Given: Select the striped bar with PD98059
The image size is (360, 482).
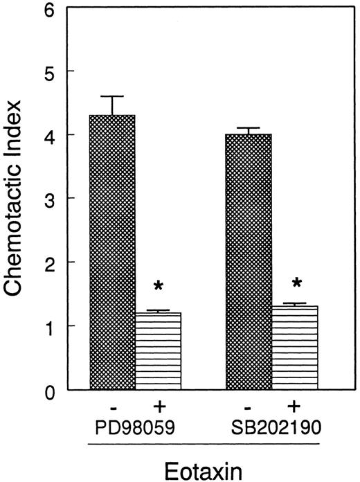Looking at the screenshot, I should (157, 350).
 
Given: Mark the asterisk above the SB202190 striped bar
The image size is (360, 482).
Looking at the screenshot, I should (297, 283).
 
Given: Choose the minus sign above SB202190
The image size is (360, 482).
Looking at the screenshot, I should (249, 405).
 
